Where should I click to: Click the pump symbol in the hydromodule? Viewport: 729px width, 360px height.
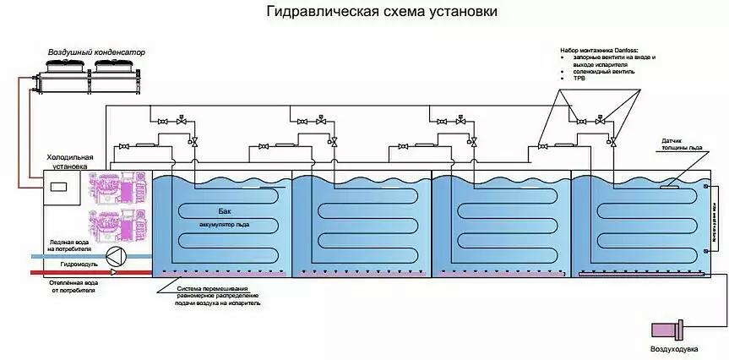(116, 259)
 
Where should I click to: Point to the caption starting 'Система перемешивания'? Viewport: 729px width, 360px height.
(223, 292)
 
